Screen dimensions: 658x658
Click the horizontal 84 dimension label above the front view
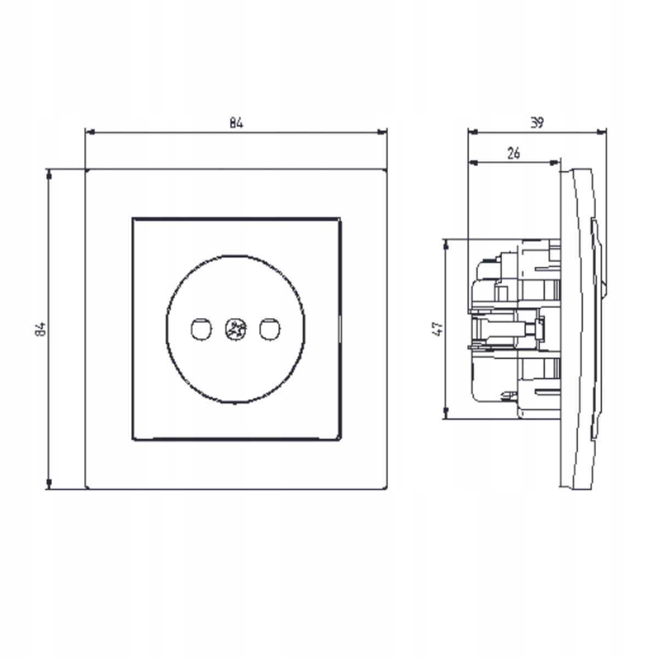[236, 123]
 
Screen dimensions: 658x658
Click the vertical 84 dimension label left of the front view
[41, 329]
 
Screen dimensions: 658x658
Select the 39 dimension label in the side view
[537, 123]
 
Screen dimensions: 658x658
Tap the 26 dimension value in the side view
[514, 154]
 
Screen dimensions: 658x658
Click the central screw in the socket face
[236, 330]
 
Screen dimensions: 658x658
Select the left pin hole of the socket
[201, 330]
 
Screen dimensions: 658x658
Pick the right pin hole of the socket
[270, 330]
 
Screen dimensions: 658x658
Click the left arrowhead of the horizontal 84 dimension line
[89, 132]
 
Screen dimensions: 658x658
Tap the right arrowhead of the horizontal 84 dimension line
[382, 132]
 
